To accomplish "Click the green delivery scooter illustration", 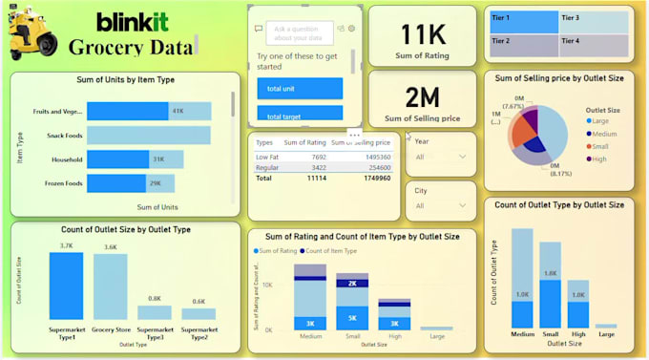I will coord(31,34).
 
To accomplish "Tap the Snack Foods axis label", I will coord(64,136).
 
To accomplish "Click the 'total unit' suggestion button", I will coord(300,89).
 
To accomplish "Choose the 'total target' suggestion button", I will coord(300,116).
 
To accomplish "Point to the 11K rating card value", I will coord(423,34).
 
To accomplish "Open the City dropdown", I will coord(440,201).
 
